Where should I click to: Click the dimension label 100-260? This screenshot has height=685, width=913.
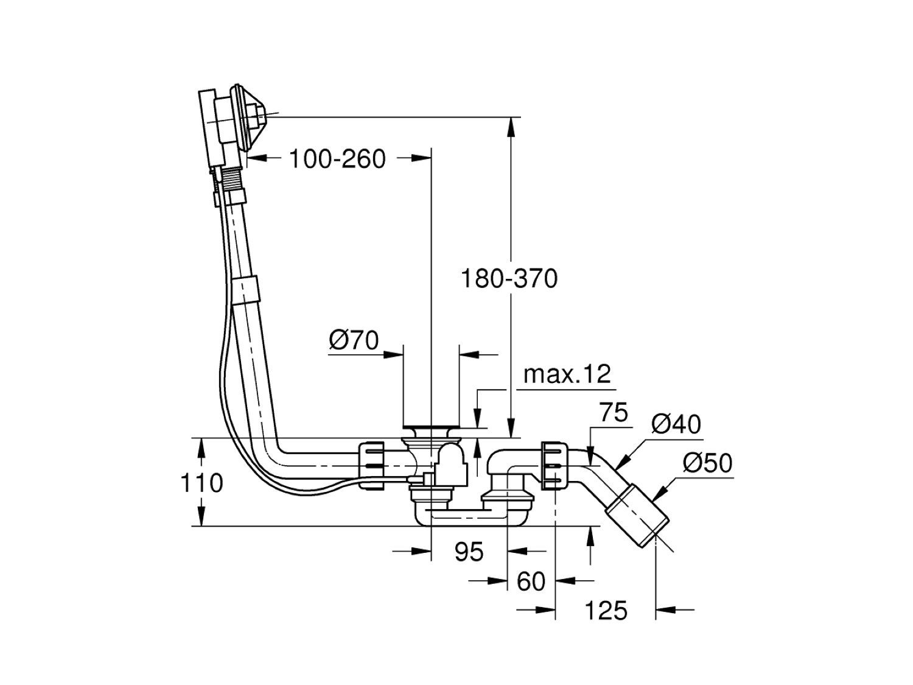point(337,160)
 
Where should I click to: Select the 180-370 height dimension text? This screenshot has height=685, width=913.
point(509,279)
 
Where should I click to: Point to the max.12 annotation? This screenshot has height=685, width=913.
point(567,374)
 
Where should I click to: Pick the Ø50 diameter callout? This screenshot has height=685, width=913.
point(707,464)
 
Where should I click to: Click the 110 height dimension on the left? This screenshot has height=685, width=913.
point(201,483)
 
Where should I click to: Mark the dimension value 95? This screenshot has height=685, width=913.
point(469,552)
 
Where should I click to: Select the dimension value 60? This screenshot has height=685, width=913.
point(531,582)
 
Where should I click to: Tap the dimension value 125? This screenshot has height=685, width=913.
point(606,609)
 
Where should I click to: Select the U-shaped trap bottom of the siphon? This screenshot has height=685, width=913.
point(469,518)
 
